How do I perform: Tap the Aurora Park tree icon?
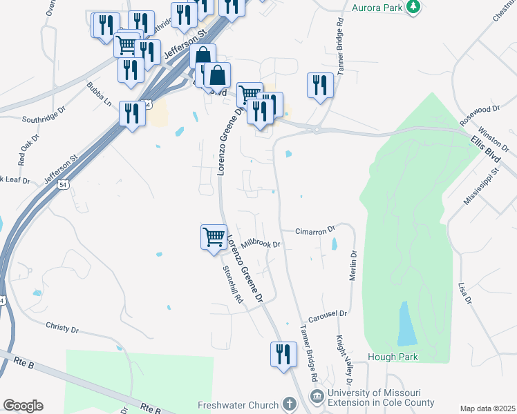pyautogui.click(x=414, y=7)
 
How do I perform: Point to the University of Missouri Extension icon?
pyautogui.click(x=317, y=396)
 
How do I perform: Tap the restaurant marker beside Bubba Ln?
pyautogui.click(x=132, y=113)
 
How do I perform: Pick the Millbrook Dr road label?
pyautogui.click(x=260, y=243)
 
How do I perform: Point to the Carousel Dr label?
pyautogui.click(x=327, y=315)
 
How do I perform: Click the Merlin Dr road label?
pyautogui.click(x=353, y=263)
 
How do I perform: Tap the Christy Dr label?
pyautogui.click(x=63, y=326)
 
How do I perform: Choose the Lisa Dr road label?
pyautogui.click(x=464, y=293)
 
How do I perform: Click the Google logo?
pyautogui.click(x=23, y=406)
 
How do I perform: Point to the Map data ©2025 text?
pyautogui.click(x=487, y=408)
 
